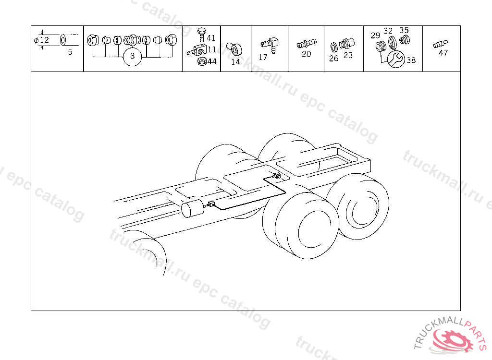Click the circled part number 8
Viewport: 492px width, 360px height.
click(x=133, y=56)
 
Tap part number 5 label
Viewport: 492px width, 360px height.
click(x=70, y=52)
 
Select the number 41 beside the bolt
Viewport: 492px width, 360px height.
click(x=211, y=38)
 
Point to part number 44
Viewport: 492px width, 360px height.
click(x=212, y=61)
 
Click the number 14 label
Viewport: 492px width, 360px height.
click(x=235, y=62)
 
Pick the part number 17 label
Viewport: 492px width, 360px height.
click(x=263, y=58)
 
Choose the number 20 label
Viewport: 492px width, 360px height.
click(x=306, y=54)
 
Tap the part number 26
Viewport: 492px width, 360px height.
click(x=334, y=59)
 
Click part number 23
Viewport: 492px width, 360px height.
click(x=348, y=55)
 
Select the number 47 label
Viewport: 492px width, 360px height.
click(x=443, y=53)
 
